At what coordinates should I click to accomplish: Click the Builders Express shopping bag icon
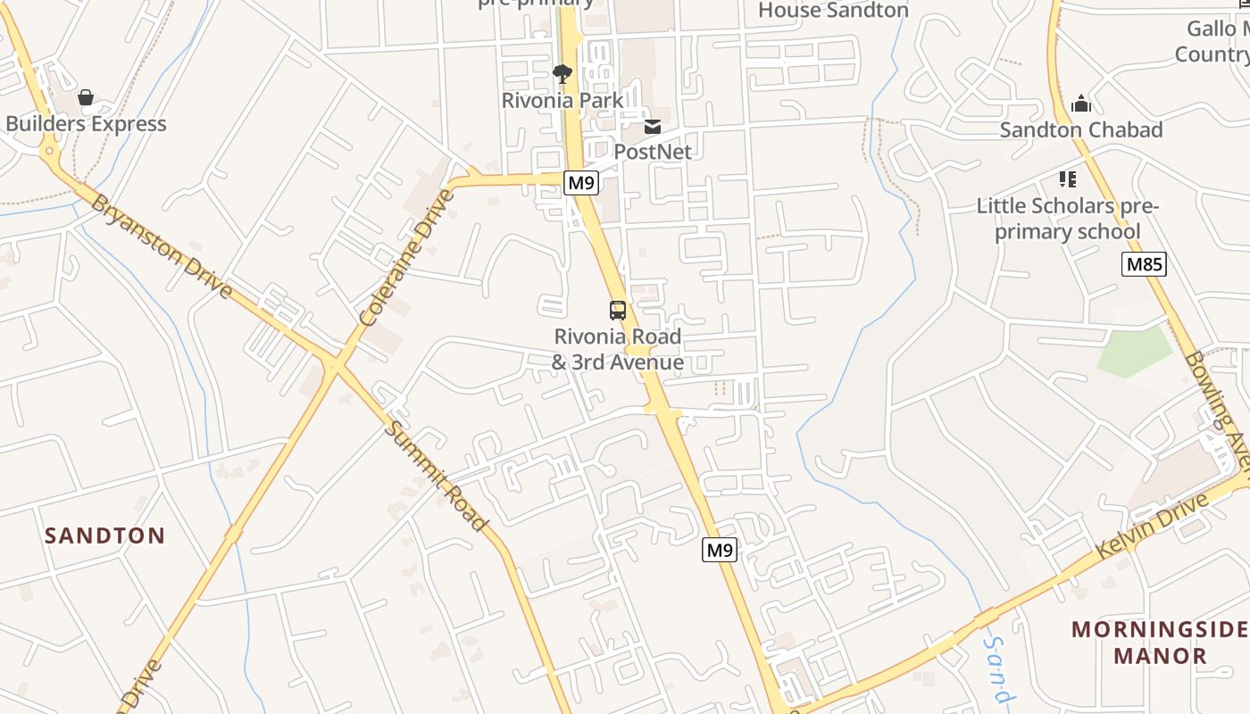click(86, 96)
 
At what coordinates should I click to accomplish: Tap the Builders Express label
click(86, 124)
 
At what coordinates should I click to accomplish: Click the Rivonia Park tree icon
click(562, 74)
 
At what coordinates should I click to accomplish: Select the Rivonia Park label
click(562, 100)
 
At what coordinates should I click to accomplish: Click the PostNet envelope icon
click(653, 127)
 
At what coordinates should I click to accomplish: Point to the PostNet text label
click(653, 152)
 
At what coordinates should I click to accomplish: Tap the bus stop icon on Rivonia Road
click(618, 311)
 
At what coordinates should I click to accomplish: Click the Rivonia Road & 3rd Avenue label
click(618, 350)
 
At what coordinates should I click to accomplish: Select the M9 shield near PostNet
click(581, 183)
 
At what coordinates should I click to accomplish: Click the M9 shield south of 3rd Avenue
click(720, 550)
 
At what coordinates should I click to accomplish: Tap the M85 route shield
click(1145, 264)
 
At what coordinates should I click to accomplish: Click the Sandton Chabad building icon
click(1081, 104)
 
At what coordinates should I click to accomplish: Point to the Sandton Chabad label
click(1081, 130)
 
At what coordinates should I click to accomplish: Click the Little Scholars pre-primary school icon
click(1067, 179)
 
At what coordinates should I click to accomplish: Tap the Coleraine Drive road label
click(407, 257)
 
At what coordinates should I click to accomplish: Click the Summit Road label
click(437, 476)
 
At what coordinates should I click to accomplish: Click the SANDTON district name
click(105, 535)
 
